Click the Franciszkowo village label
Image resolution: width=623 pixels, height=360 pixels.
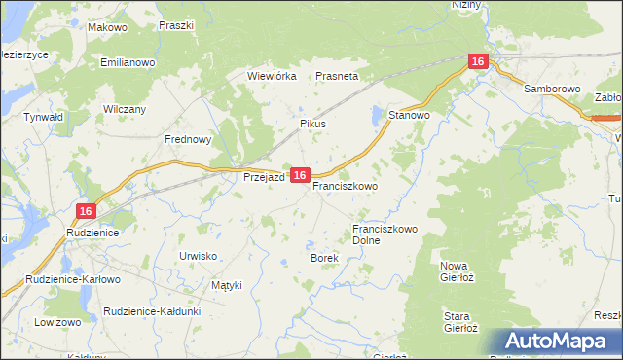point(346,184)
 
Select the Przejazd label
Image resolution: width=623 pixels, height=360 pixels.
point(263,177)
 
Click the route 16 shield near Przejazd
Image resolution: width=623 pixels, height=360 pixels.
point(300,175)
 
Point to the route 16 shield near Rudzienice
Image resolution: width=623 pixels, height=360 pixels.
point(86,210)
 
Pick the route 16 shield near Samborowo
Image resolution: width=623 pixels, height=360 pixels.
point(477,61)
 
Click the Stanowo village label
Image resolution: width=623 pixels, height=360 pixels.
point(410,115)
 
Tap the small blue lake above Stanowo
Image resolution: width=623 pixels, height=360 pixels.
point(377,117)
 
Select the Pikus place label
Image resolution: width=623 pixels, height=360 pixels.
point(312,125)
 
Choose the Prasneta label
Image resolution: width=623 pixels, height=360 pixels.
point(337,75)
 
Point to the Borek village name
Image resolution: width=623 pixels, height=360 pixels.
point(324,258)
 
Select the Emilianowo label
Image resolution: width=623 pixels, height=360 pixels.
point(128,62)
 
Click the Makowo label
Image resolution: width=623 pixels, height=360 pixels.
point(107,28)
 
